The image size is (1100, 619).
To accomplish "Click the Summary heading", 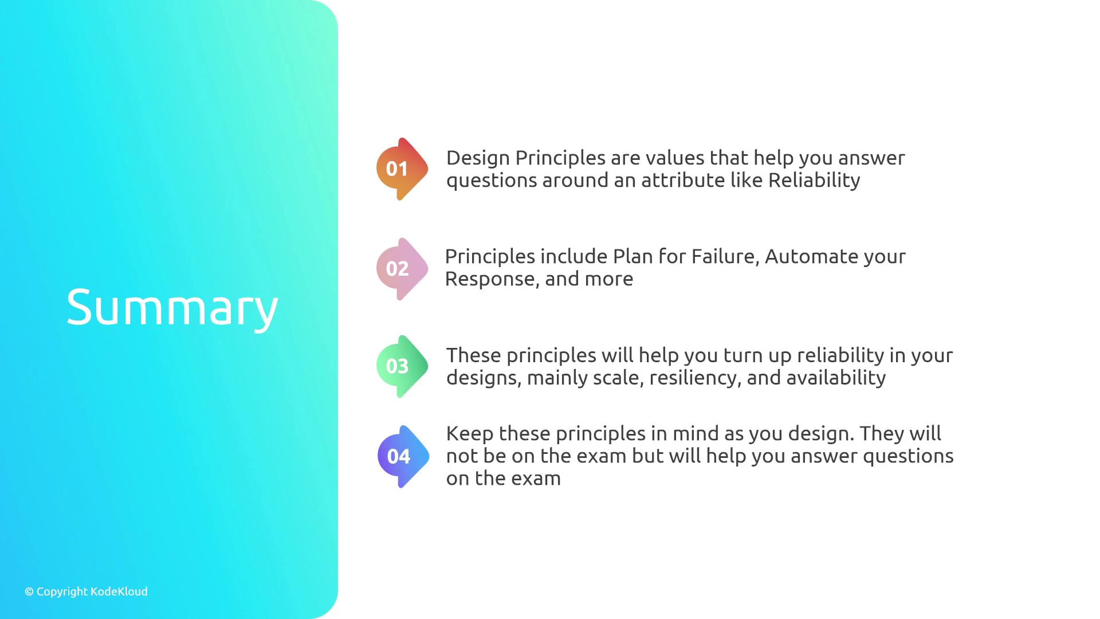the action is pyautogui.click(x=172, y=308).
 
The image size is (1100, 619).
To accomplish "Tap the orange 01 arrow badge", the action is pyautogui.click(x=402, y=169).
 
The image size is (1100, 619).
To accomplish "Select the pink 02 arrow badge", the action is pyautogui.click(x=402, y=269).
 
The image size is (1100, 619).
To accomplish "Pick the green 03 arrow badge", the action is pyautogui.click(x=402, y=366).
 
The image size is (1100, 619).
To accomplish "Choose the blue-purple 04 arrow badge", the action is pyautogui.click(x=403, y=457).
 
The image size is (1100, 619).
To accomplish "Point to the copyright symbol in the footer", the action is pyautogui.click(x=29, y=592).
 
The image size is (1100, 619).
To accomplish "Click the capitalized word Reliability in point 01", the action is pyautogui.click(x=814, y=181).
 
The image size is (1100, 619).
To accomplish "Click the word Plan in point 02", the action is pyautogui.click(x=633, y=256).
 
